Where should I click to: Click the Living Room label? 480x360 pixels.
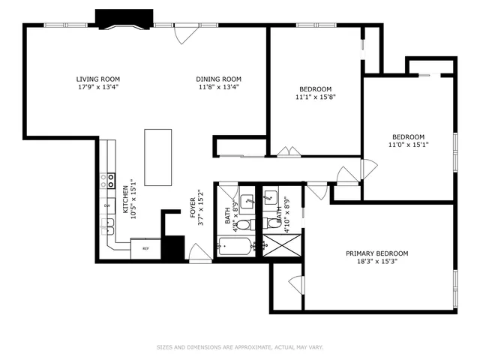coord(97,79)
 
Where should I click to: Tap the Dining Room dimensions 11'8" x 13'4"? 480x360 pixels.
coord(218,86)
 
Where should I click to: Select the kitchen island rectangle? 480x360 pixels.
coord(157,157)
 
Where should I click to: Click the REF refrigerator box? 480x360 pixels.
coord(145,248)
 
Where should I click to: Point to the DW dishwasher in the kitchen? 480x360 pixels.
coord(107,205)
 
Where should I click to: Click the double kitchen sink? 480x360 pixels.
coord(108,223)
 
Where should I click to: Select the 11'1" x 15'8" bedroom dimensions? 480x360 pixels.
coord(315,96)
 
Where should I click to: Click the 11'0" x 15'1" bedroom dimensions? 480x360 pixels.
coord(409,144)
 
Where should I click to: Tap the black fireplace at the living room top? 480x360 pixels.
coord(124,18)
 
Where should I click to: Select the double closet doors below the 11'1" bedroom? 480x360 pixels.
coord(286,151)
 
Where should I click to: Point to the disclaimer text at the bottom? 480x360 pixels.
coord(239,347)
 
